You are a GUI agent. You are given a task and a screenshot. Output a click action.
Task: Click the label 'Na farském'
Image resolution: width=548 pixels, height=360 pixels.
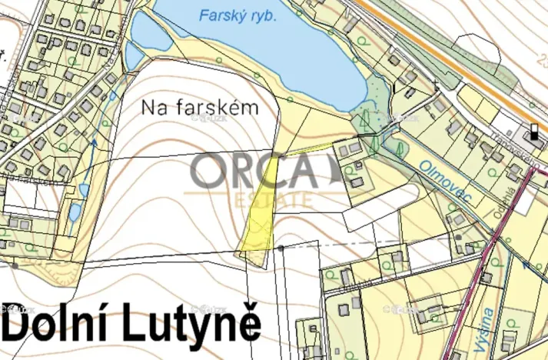[199, 108]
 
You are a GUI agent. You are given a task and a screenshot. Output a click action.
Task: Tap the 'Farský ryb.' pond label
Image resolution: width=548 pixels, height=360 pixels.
[237, 15]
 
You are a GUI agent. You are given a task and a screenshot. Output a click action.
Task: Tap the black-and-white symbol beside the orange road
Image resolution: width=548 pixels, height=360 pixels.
[534, 132]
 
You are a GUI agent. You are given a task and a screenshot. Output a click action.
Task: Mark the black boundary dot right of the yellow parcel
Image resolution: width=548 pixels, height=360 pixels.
[282, 248]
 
